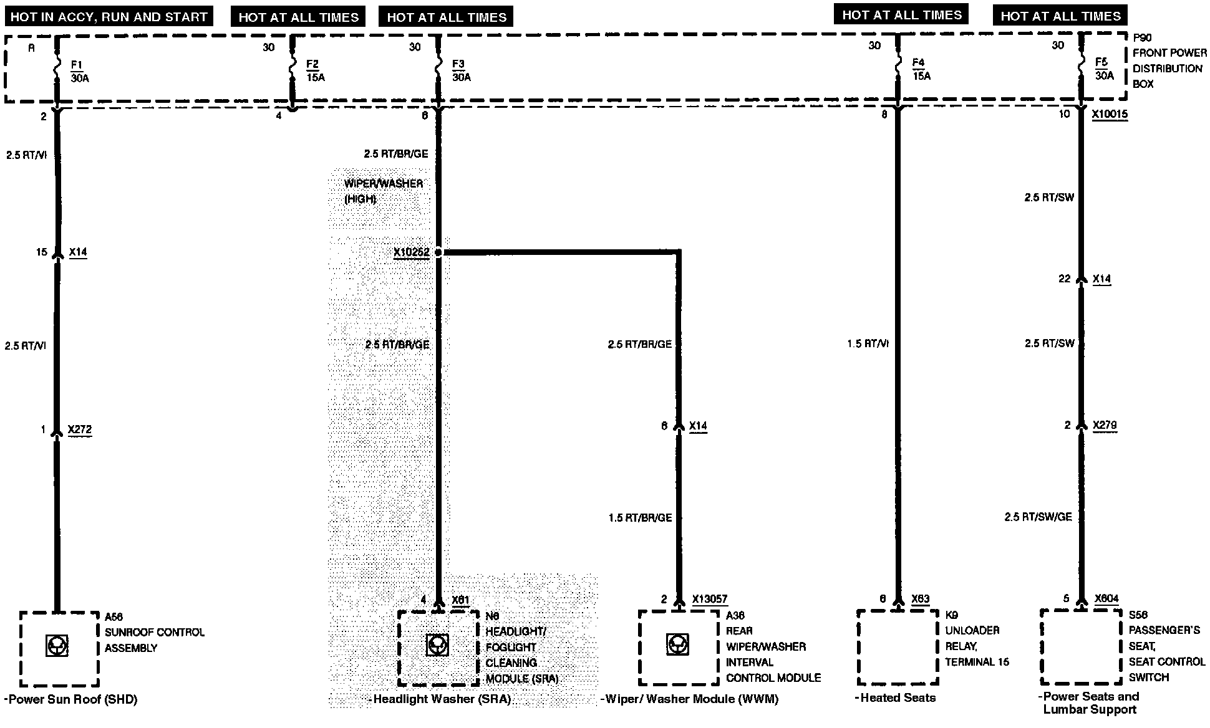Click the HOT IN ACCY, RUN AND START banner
click(109, 17)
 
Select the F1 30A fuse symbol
click(57, 70)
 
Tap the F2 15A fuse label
click(315, 70)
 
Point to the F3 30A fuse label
click(461, 70)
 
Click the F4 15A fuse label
click(921, 69)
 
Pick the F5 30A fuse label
click(1104, 69)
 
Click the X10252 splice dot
click(438, 252)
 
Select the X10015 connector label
click(1110, 115)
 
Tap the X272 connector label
click(79, 429)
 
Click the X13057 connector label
click(709, 600)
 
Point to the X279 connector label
click(1105, 426)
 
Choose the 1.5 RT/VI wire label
click(868, 343)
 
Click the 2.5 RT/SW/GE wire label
click(1038, 517)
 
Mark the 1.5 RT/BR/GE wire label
click(640, 518)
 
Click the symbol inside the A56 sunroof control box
click(57, 646)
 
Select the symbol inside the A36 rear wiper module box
click(677, 644)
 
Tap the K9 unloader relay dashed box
click(898, 647)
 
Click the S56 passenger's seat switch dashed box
click(1081, 647)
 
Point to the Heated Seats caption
click(896, 698)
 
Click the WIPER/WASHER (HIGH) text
click(383, 191)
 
